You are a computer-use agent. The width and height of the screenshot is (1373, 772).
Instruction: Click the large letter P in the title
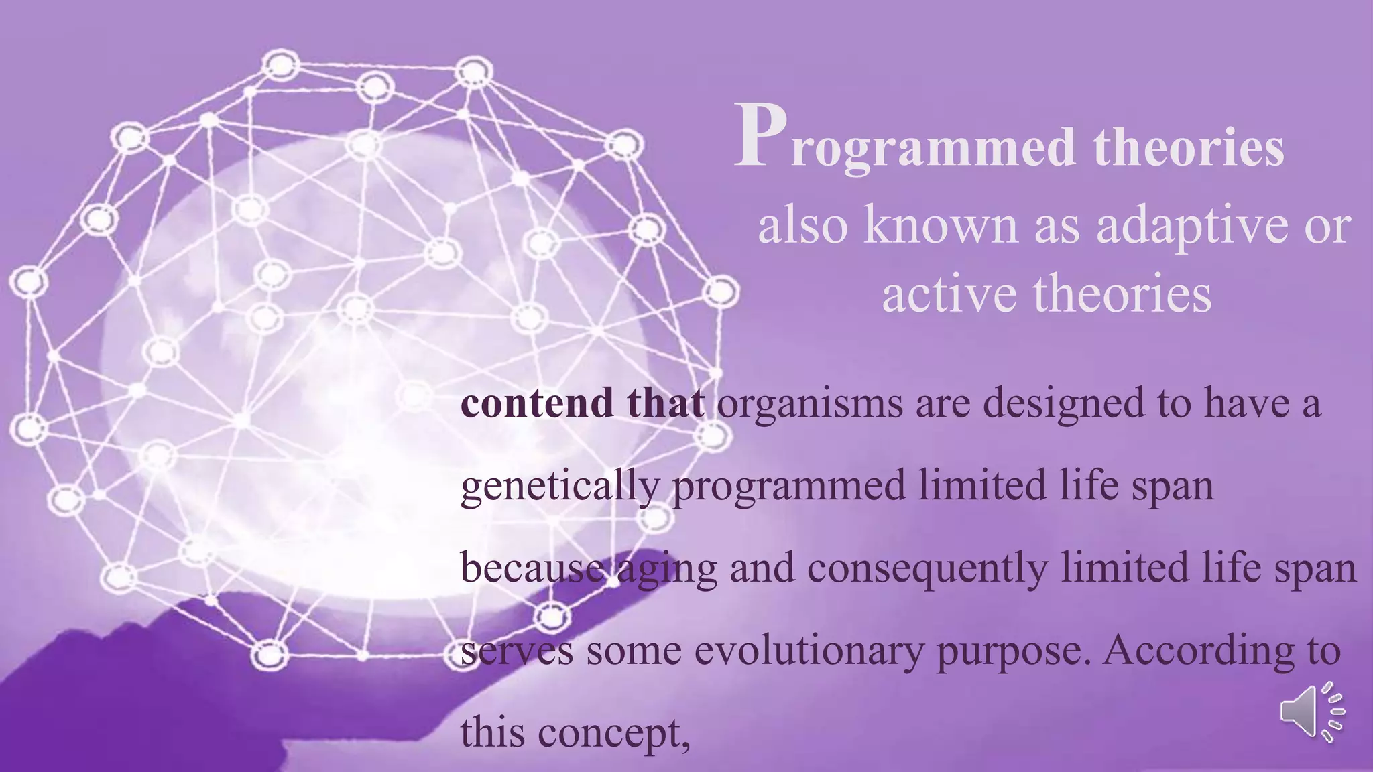(x=760, y=136)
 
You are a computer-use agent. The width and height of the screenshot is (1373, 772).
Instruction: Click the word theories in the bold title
(x=1189, y=147)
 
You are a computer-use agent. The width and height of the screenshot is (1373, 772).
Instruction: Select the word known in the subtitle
(x=941, y=226)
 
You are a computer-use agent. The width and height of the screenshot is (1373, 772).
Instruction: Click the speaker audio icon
(x=1311, y=712)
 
